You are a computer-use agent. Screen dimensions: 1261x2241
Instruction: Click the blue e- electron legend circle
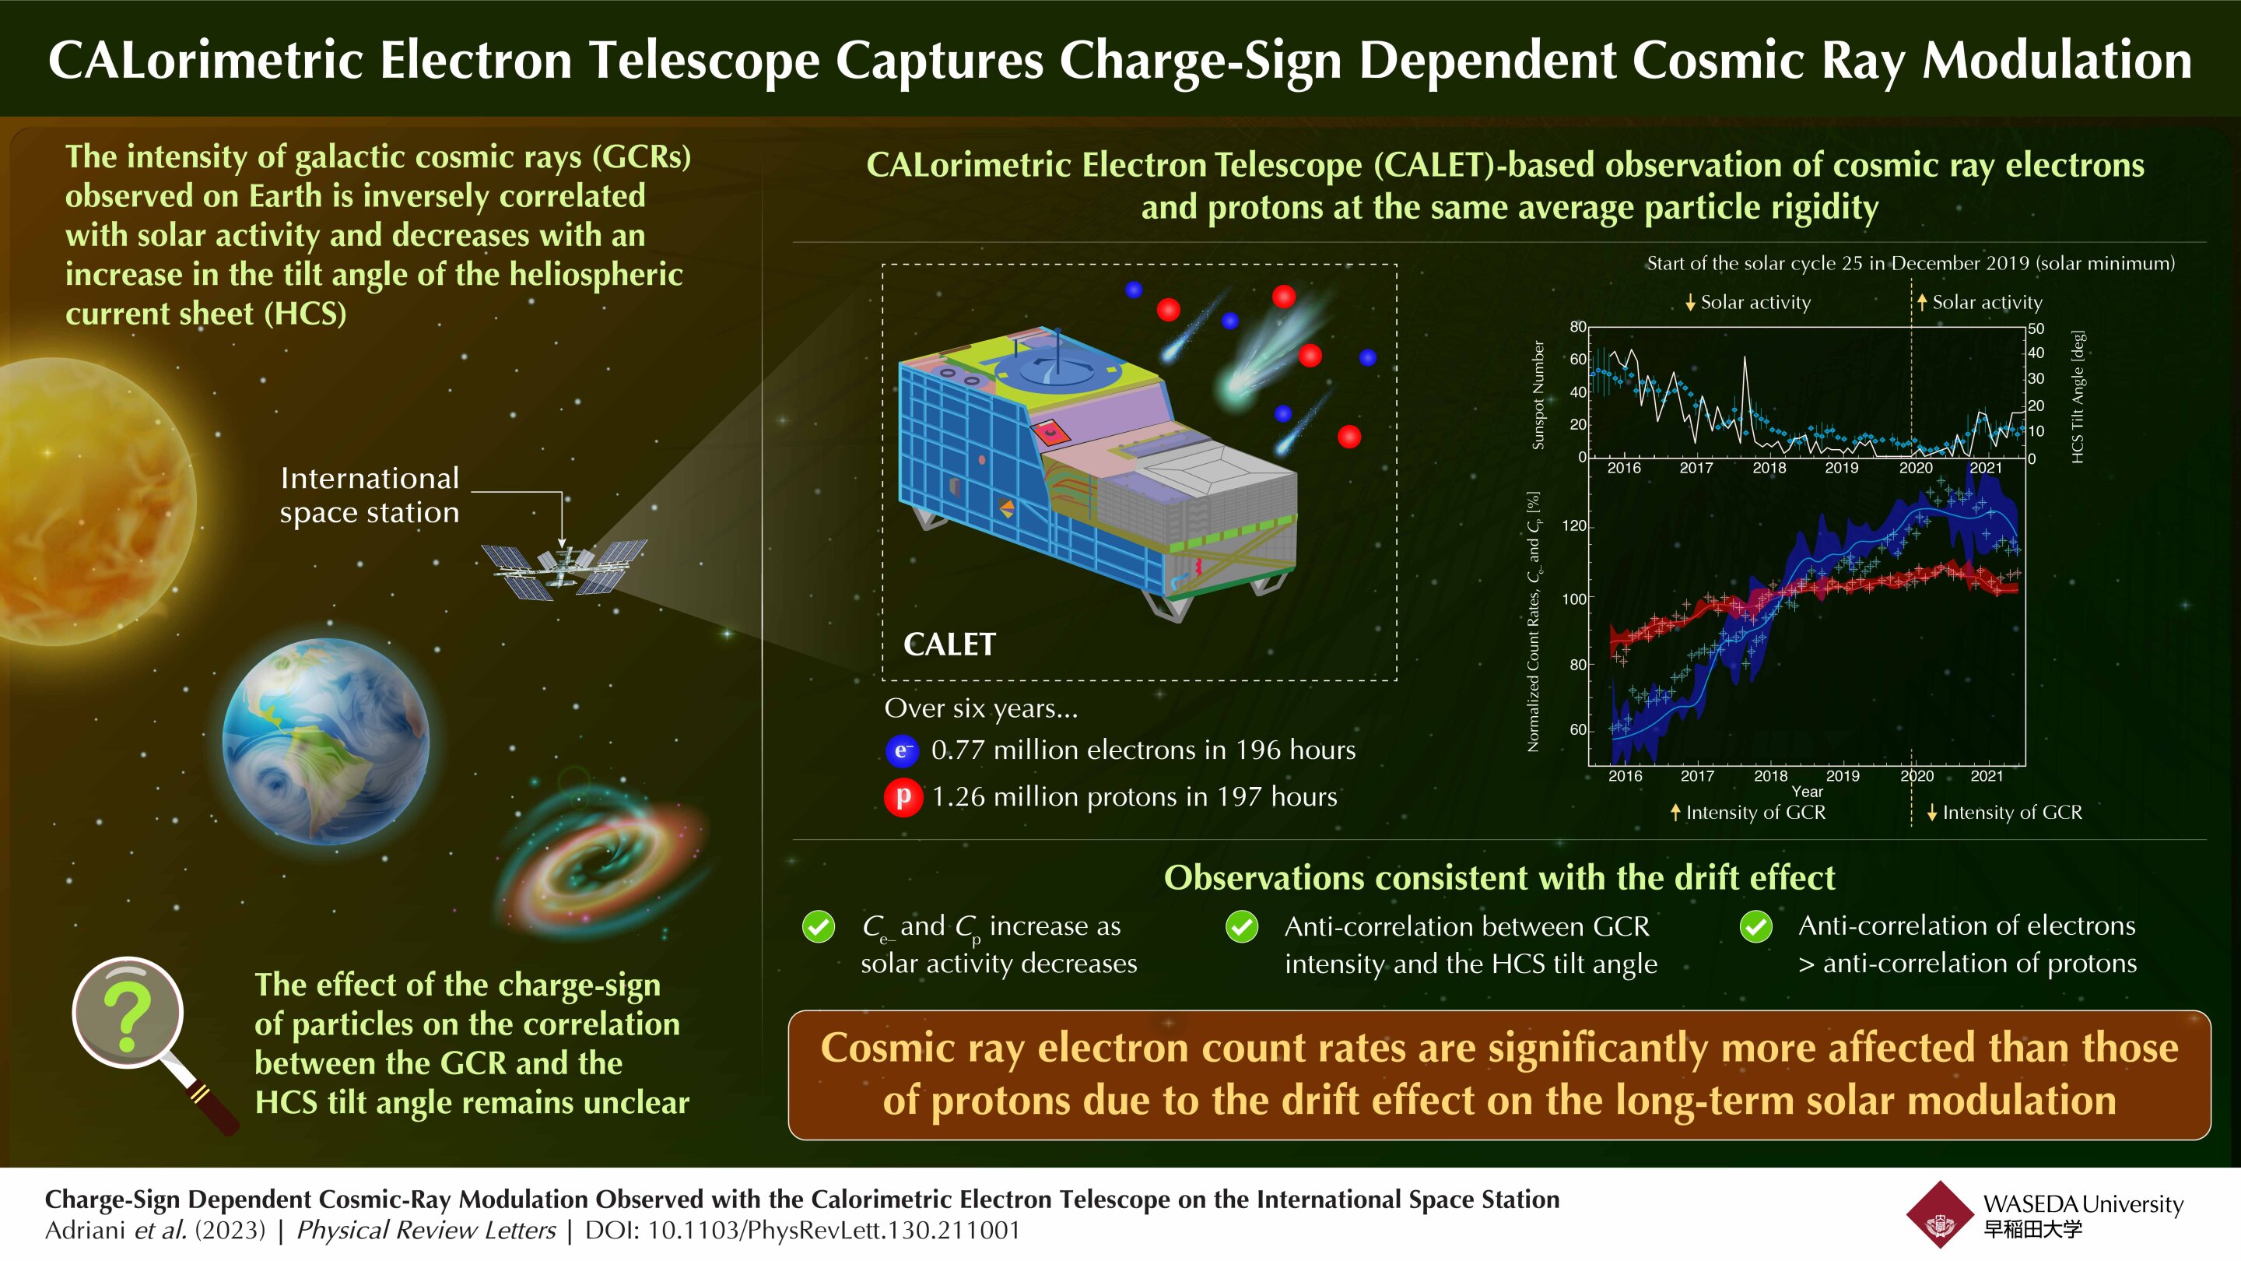[902, 750]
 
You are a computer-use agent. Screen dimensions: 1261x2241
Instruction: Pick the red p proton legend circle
[903, 797]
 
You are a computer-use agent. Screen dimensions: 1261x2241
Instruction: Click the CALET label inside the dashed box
[949, 645]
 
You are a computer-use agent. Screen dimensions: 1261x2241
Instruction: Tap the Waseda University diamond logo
[1939, 1215]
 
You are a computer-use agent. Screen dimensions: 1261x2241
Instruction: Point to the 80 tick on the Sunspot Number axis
[1577, 327]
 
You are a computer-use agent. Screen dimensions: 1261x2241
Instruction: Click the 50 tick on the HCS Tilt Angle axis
[2036, 329]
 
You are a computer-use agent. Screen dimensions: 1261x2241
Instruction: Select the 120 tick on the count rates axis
[1573, 525]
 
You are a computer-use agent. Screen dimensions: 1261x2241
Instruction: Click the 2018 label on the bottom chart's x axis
[1770, 776]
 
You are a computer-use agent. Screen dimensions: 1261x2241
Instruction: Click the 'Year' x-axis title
[1807, 792]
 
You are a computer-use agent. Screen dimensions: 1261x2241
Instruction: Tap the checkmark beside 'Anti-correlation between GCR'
[1241, 927]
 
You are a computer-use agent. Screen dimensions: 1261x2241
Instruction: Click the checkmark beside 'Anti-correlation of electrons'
[1755, 927]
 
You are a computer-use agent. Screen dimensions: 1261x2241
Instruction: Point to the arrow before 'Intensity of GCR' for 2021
[1931, 813]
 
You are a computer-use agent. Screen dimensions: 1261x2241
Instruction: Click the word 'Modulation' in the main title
[2057, 61]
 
